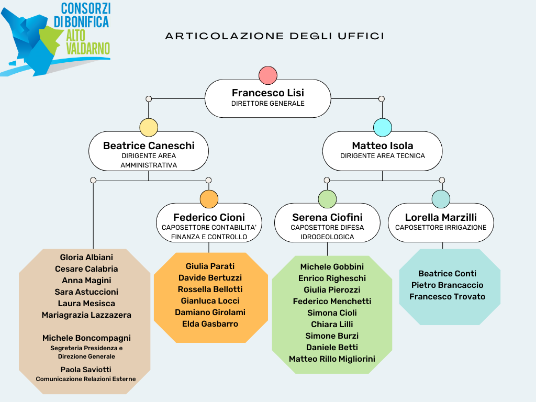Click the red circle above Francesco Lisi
(268, 75)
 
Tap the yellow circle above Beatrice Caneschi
(149, 128)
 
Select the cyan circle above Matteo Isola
(383, 128)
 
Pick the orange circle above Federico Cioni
(209, 199)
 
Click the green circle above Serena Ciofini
(327, 199)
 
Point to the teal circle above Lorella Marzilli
(441, 199)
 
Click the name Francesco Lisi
(268, 93)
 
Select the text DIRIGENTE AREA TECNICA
(383, 156)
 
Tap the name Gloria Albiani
(86, 258)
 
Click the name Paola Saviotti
(86, 370)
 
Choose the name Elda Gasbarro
(210, 323)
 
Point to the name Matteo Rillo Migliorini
(332, 359)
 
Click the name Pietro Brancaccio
(448, 285)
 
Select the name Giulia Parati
(210, 266)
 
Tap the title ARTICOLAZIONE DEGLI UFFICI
(275, 36)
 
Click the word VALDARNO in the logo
(88, 49)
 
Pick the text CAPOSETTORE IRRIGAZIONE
(441, 228)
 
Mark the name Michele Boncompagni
(86, 338)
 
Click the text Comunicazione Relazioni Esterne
(86, 379)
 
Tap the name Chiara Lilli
(332, 325)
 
